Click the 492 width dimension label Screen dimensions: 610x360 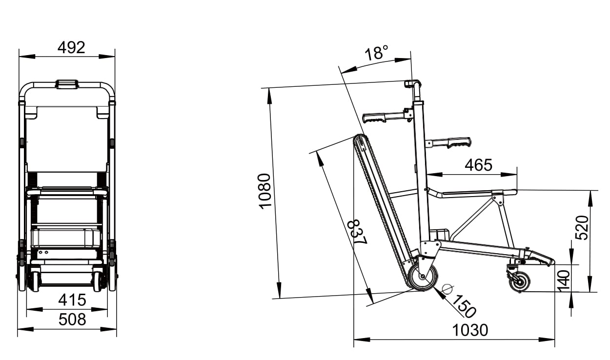[x=71, y=47]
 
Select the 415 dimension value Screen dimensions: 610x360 [x=72, y=300]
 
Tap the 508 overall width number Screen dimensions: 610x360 [x=72, y=319]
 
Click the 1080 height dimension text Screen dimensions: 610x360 [x=264, y=191]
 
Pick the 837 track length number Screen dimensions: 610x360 [x=357, y=232]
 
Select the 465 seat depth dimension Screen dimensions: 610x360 [x=478, y=165]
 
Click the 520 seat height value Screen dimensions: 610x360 [x=582, y=228]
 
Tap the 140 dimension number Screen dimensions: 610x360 [x=564, y=281]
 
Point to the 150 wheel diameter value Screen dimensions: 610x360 [x=464, y=306]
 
